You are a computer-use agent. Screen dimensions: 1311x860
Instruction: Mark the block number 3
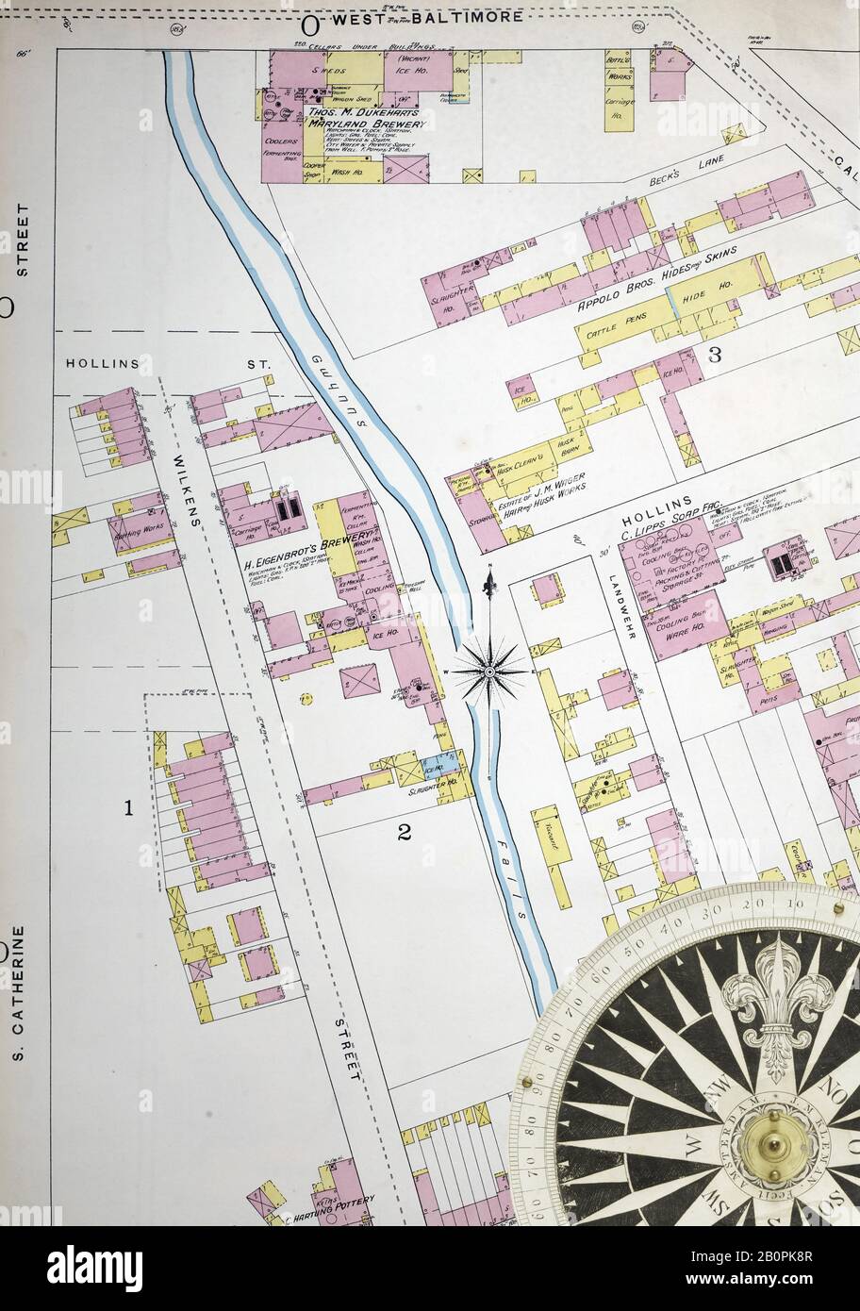click(x=715, y=355)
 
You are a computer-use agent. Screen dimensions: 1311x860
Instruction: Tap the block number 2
click(x=405, y=832)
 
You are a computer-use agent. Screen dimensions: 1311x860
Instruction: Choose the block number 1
click(x=129, y=807)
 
